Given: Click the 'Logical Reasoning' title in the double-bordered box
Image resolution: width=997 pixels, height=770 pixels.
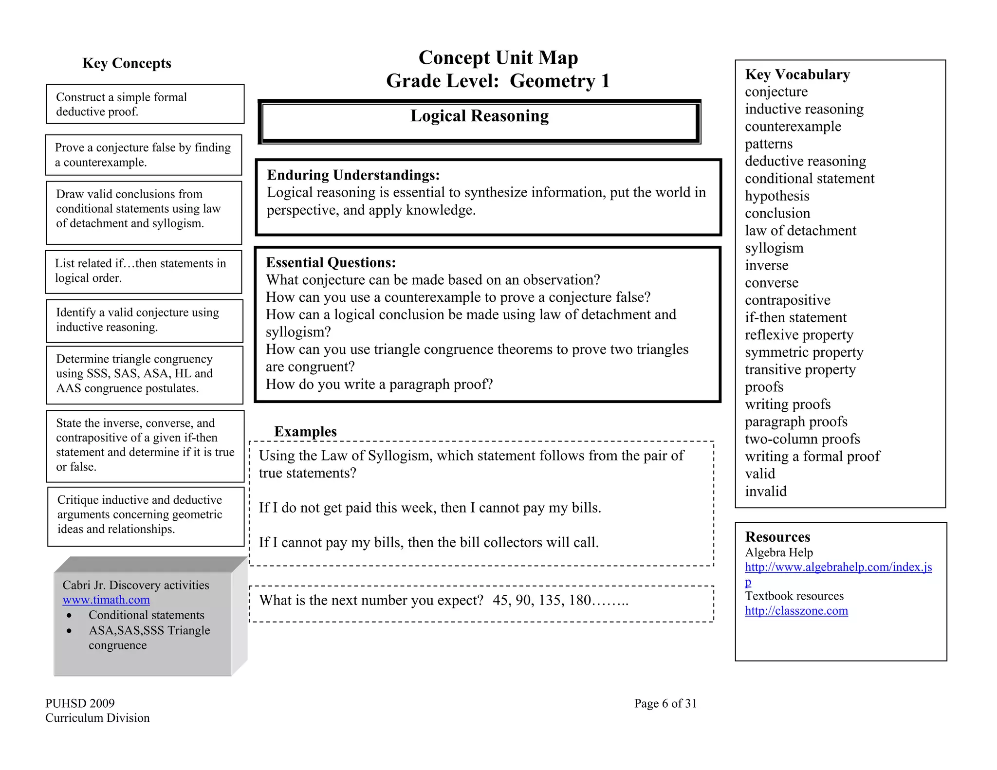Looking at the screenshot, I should pos(479,116).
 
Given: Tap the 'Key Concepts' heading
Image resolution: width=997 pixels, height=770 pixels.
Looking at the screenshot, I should pos(127,63).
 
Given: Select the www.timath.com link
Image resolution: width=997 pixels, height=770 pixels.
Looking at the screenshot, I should pos(106,600).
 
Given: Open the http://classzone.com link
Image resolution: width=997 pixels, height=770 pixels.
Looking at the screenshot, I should pos(796,611).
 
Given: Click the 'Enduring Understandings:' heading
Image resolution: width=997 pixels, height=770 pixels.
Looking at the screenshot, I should pos(353,175).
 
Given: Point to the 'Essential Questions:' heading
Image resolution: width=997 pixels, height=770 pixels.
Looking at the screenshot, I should pos(331,263).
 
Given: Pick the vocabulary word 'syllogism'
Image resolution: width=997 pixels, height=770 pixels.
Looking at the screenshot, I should pos(774,248).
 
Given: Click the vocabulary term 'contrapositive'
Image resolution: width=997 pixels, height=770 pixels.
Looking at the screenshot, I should pos(787,300).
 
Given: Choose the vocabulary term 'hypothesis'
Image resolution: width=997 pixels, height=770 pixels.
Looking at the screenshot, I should pos(777,196).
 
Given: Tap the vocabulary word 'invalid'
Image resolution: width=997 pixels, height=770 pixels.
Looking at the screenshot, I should pos(765,492).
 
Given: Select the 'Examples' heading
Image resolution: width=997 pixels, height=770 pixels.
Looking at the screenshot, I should pos(305,432).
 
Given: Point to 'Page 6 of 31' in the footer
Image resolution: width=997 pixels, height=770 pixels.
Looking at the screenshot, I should pos(665,704).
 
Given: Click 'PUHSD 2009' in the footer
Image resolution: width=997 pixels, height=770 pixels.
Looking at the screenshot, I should pos(80,704).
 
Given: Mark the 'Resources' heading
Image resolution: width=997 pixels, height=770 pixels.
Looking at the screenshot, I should pos(777,537).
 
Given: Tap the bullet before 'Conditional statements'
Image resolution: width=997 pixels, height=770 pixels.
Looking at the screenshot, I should pos(70,616).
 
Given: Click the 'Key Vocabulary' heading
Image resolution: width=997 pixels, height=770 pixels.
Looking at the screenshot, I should pos(797,74).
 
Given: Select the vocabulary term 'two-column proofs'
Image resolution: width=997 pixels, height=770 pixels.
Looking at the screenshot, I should pos(802,440).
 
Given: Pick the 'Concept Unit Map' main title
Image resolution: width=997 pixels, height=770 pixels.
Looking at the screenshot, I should pos(498,58).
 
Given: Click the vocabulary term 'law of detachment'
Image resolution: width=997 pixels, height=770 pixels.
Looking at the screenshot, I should pos(800,231).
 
